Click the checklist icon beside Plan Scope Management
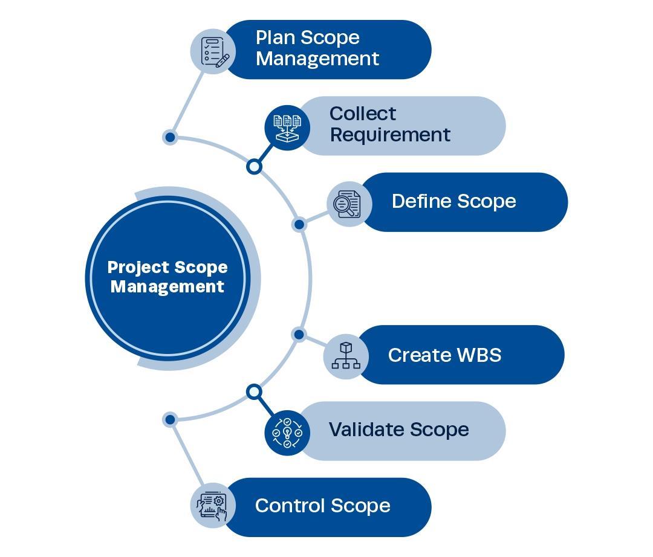(x=213, y=51)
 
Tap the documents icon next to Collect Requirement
(x=287, y=127)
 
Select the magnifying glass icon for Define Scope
(x=349, y=204)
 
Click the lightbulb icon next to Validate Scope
(x=287, y=433)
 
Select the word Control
(x=289, y=506)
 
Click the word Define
(x=420, y=201)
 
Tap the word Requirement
(x=390, y=135)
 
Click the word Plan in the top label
(x=275, y=37)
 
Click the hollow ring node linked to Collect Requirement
(x=255, y=166)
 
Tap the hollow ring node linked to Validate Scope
(x=255, y=392)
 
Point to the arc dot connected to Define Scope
(x=299, y=225)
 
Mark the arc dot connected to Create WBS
(x=299, y=334)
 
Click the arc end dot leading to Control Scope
(x=170, y=419)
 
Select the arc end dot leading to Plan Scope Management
(x=170, y=137)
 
